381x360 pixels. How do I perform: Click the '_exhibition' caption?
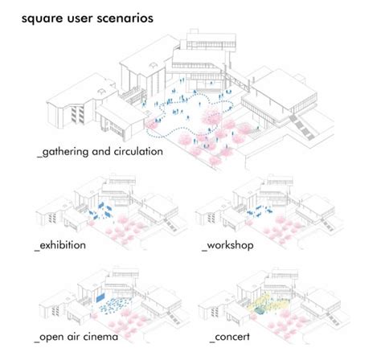(63, 242)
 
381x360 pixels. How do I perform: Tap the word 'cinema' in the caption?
(100, 336)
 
